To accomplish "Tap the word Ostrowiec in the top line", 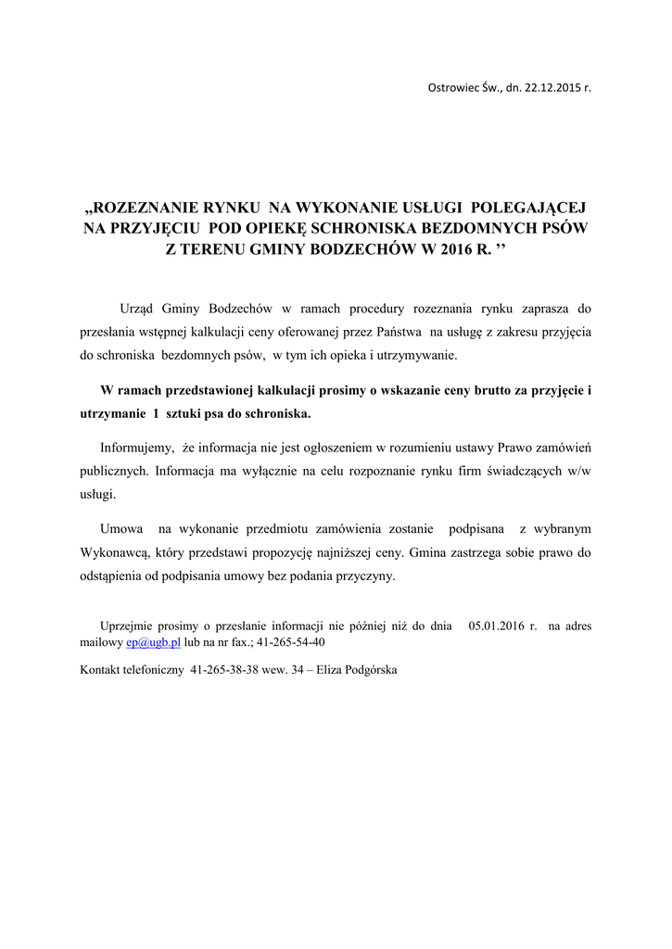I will point(450,88).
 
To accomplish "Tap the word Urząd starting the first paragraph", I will point(138,308).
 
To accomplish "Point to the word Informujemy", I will point(136,447).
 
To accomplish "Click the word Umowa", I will point(120,528).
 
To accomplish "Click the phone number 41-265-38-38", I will point(226,669).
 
